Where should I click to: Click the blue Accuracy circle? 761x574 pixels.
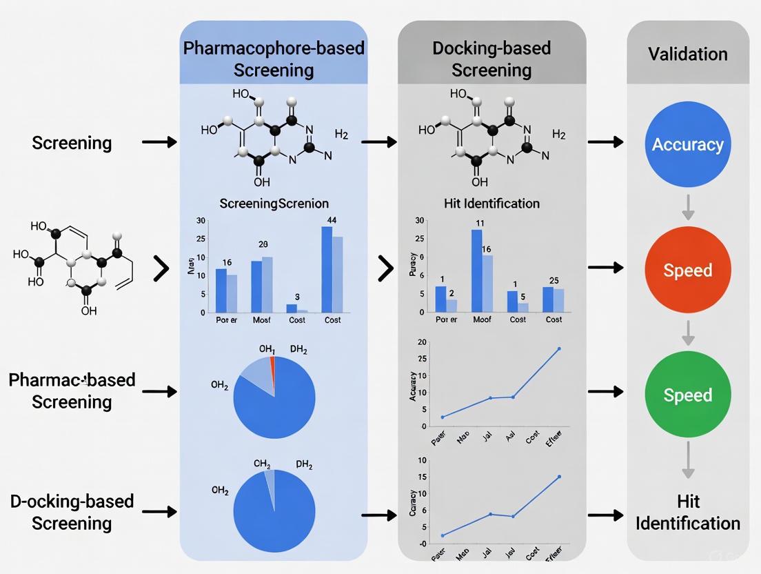(x=687, y=144)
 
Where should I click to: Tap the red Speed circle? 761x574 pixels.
(x=687, y=269)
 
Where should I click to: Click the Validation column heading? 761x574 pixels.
(x=687, y=54)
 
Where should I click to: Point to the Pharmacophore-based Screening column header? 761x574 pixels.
(x=274, y=59)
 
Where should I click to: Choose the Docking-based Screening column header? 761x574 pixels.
(x=491, y=59)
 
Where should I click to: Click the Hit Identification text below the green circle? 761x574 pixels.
(x=687, y=512)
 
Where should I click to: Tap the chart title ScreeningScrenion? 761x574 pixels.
(x=274, y=204)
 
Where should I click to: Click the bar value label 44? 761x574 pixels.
(x=331, y=220)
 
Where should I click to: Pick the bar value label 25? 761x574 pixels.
(x=553, y=279)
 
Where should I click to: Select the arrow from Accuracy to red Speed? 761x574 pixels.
(x=687, y=206)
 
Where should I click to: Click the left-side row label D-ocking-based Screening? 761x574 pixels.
(x=72, y=512)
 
